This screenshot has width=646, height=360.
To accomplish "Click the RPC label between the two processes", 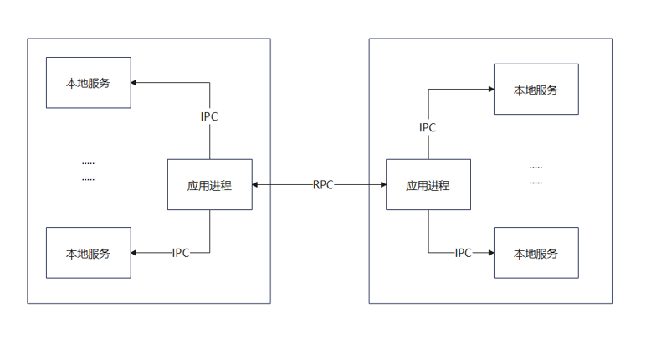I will point(323,185).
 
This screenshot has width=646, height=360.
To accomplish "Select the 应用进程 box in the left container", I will point(209,185).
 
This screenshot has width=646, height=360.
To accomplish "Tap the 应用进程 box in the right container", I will point(428,185).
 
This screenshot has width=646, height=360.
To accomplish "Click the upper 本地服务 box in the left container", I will point(89,83).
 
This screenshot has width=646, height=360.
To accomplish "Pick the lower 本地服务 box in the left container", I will point(89,253).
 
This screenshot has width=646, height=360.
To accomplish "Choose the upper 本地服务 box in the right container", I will point(536,89).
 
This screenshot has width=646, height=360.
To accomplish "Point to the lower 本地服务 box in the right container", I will point(536,252).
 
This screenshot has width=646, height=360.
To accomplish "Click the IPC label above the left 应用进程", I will point(209,116).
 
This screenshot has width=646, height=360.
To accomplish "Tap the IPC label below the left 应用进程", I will point(180,253).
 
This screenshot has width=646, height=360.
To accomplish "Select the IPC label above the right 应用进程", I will point(428,128).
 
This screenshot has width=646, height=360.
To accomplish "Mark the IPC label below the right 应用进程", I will point(463,252).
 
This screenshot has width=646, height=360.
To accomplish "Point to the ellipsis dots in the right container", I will point(536,173).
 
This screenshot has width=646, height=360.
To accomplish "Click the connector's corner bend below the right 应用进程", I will point(428,252).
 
